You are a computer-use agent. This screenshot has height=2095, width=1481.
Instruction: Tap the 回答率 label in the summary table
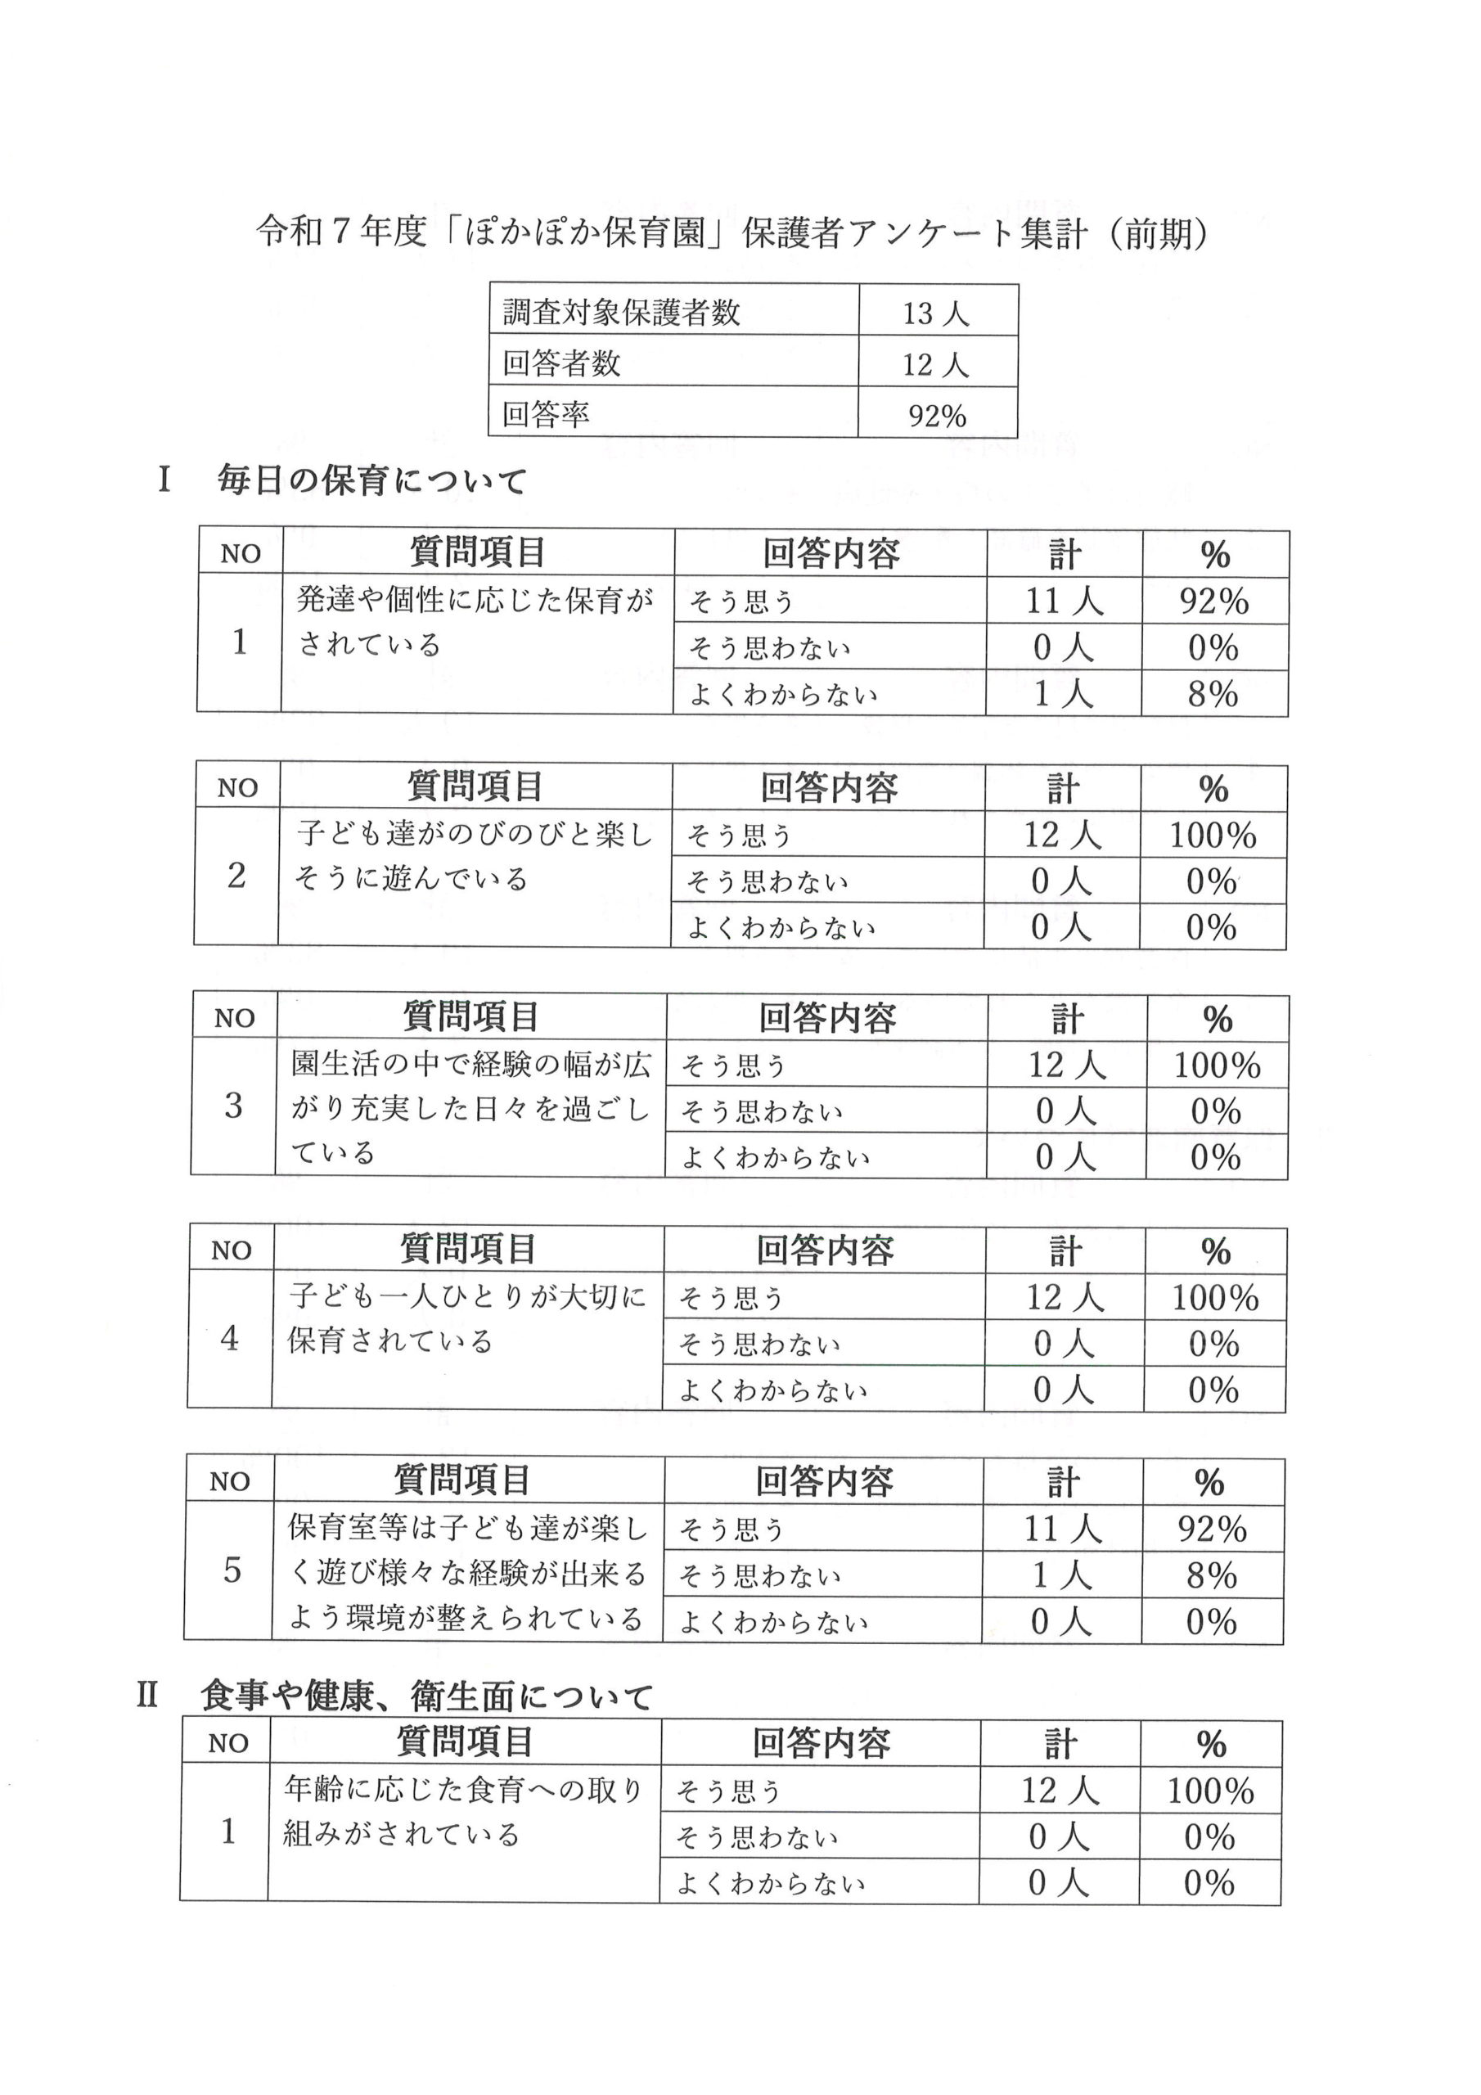click(x=546, y=414)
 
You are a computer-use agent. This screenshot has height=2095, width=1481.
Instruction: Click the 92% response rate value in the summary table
click(x=936, y=416)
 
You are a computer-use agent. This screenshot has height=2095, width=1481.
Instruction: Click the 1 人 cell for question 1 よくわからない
click(x=1063, y=695)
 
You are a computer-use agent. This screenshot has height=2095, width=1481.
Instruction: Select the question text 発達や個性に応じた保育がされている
click(x=475, y=622)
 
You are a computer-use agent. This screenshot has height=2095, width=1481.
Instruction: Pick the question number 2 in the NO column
click(x=236, y=876)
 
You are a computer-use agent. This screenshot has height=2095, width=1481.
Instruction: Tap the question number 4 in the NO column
click(x=230, y=1339)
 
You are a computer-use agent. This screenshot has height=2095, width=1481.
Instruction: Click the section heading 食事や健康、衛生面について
click(x=426, y=1697)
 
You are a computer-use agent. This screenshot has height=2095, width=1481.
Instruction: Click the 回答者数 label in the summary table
click(x=561, y=364)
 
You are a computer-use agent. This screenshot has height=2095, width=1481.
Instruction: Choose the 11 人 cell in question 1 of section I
click(x=1064, y=601)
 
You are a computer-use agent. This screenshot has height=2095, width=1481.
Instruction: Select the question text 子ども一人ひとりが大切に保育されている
click(x=466, y=1318)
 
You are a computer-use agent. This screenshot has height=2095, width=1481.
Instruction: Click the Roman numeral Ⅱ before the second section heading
click(x=148, y=1696)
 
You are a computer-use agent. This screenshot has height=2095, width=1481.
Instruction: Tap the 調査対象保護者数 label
click(x=620, y=313)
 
